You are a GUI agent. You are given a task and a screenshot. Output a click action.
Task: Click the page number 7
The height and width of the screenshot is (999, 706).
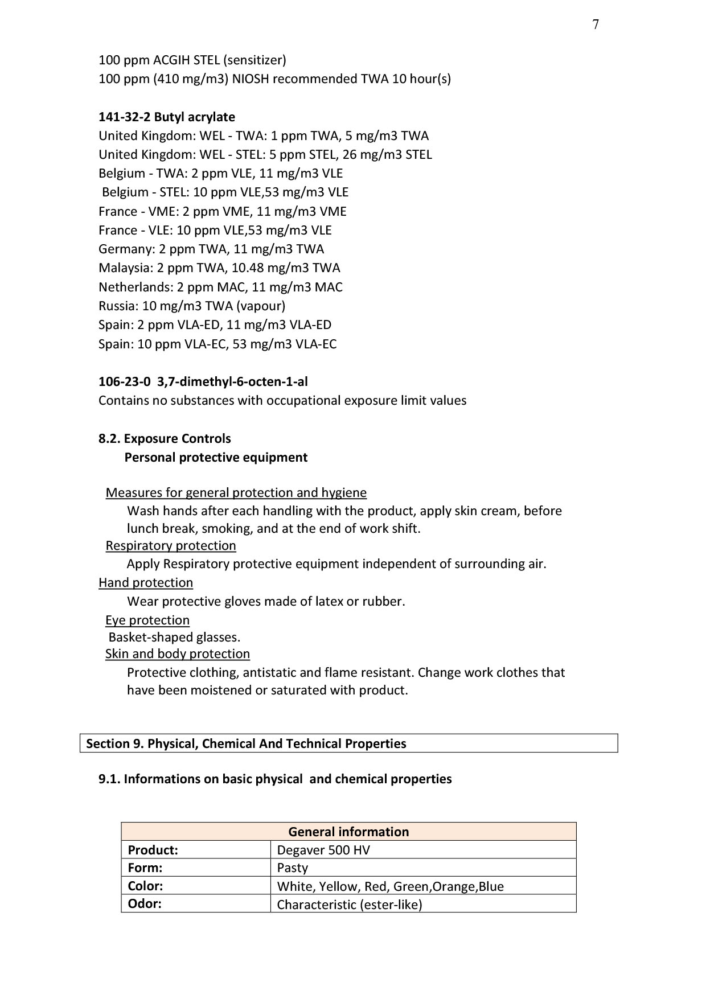coord(596,24)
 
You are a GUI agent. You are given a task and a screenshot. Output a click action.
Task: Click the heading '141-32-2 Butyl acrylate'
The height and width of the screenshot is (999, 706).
coord(166,117)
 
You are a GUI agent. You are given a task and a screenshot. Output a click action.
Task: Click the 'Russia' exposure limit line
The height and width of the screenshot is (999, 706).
coord(191,306)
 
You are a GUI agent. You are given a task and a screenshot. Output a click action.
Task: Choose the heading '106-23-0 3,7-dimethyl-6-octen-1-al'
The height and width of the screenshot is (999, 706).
coord(203,381)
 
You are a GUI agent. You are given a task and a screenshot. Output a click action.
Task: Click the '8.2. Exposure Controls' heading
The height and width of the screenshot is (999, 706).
coord(165,438)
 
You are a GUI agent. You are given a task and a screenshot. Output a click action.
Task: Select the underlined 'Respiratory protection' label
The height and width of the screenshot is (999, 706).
coord(170,545)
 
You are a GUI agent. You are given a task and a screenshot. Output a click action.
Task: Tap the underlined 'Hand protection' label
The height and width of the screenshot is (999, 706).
coord(145,582)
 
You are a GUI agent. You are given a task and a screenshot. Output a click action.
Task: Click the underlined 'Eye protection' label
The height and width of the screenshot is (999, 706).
coord(147,620)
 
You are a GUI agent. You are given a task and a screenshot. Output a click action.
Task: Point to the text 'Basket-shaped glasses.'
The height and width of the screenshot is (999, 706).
coord(174,637)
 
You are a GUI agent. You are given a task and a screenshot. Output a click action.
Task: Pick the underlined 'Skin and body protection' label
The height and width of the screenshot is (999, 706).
coord(177,653)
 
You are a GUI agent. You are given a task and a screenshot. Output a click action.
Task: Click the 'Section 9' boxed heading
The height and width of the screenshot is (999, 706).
coord(246,743)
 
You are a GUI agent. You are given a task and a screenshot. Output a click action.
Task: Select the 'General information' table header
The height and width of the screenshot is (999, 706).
coord(348,832)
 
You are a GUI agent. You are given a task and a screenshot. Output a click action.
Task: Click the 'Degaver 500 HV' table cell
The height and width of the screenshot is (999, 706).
coord(323,850)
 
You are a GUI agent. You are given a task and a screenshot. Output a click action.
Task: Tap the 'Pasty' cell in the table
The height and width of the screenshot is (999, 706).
coord(292,868)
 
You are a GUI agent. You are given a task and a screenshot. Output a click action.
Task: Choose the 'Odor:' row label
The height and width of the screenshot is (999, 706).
coord(145,904)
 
